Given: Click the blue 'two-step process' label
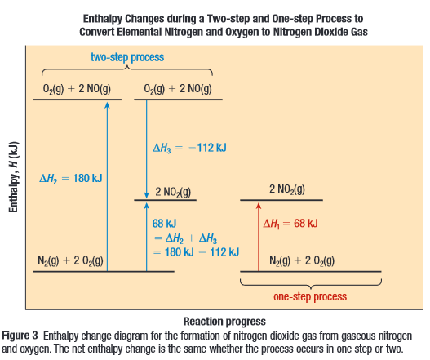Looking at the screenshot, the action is point(127,57).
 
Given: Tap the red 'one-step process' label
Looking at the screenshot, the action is point(310,296).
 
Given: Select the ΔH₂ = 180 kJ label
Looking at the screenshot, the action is point(71,179).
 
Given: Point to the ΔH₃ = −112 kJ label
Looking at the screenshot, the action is point(190,148).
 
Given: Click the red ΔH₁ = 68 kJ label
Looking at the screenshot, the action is point(290,224).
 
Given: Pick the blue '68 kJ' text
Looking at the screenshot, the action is point(164,224).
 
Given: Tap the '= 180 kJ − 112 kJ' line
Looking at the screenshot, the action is point(197,252).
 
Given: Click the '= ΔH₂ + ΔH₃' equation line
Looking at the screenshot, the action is point(186,238).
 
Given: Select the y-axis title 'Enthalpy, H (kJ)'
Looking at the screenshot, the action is point(13,177).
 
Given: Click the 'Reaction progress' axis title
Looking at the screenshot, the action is point(224,322).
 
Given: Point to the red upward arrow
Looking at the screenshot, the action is point(259,237).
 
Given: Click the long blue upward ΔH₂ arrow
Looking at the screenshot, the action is point(107,187).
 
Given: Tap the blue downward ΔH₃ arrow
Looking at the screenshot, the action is point(146,149).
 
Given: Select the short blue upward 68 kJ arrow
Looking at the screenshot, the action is point(146,237).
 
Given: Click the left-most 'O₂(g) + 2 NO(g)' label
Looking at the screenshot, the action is point(77,89).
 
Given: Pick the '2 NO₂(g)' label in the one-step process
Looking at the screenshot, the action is point(287,189).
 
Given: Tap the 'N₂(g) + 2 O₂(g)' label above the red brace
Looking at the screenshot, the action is point(302,260).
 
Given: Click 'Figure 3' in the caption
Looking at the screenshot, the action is point(20,336).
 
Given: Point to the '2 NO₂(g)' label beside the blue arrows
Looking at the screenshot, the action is point(173,192).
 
